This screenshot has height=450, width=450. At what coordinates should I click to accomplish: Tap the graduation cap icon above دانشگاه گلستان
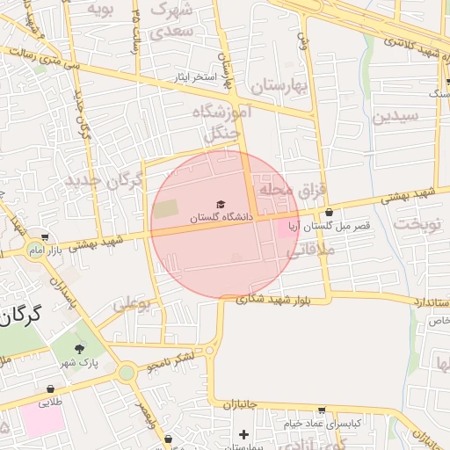221,204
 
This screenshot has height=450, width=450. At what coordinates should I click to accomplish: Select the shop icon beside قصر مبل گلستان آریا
329,212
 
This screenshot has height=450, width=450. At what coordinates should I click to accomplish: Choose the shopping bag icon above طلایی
51,388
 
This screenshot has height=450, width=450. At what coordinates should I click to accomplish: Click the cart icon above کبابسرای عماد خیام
321,410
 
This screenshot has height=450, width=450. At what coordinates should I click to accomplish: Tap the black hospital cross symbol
243,434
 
